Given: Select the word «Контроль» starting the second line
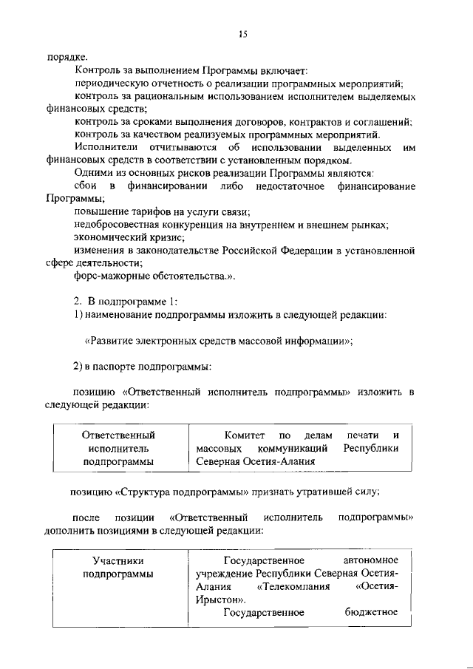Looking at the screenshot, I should tap(98, 71).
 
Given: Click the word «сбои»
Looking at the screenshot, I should tap(86, 186).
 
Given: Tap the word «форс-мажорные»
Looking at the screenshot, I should tap(112, 276).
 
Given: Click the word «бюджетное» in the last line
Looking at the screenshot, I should tap(371, 612).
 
